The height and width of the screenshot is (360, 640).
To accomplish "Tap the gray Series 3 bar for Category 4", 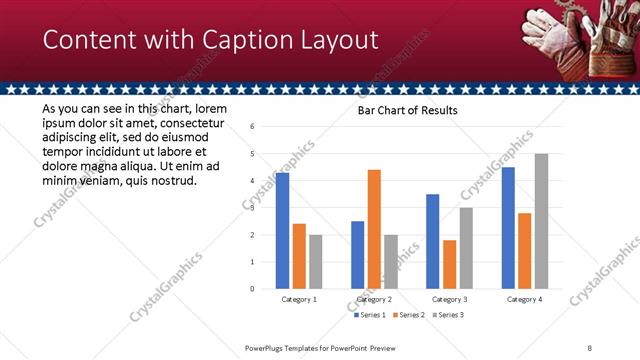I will [541, 221].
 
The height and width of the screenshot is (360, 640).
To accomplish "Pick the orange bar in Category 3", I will [449, 264].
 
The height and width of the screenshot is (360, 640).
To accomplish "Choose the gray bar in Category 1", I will [315, 262].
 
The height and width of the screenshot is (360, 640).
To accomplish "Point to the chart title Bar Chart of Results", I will [408, 110].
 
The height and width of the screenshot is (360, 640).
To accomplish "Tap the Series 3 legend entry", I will [446, 315].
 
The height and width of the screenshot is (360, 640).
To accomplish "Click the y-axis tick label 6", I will [253, 127].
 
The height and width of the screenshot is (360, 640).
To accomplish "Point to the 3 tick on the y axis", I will [253, 208].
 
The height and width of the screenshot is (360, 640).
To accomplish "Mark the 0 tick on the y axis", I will [253, 289].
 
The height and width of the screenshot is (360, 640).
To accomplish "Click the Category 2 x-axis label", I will [374, 299].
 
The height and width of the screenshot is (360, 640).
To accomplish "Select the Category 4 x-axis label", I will [524, 299].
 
